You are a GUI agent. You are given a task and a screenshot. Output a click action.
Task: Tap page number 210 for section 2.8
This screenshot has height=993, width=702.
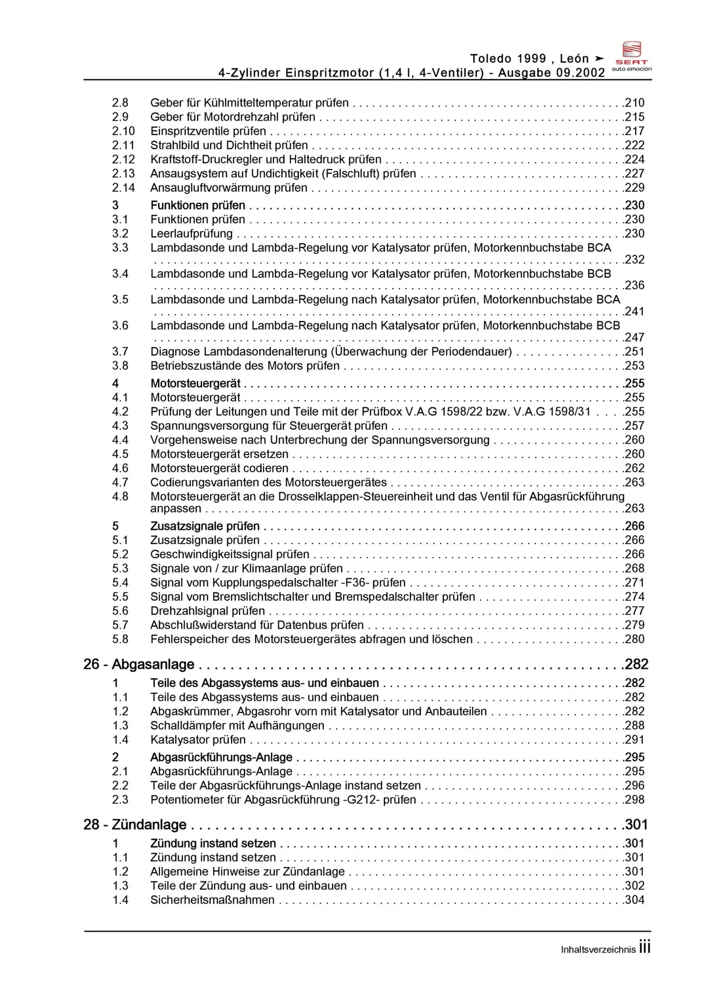point(635,103)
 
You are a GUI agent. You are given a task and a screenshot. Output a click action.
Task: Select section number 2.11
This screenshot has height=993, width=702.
point(123,145)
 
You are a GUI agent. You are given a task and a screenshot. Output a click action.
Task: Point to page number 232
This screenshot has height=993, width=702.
point(635,260)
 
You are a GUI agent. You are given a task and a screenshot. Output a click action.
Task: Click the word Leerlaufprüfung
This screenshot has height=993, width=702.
point(191,234)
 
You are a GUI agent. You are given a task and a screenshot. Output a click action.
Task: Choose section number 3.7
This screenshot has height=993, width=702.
point(120,352)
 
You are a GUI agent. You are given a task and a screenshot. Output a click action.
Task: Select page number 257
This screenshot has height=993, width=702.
point(635,426)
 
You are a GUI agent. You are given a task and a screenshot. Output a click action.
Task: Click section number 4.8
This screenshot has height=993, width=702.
point(120,496)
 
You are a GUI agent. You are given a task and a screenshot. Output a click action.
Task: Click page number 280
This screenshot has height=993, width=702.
point(635,639)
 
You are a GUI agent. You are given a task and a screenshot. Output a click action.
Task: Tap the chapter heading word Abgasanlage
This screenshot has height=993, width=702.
point(153,665)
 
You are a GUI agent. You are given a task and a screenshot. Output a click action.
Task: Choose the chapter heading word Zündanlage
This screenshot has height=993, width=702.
point(149,824)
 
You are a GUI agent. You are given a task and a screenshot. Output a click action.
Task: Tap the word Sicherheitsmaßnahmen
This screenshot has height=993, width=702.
point(212,900)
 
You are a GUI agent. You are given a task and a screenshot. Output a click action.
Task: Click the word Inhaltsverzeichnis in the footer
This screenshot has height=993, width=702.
point(598,950)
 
